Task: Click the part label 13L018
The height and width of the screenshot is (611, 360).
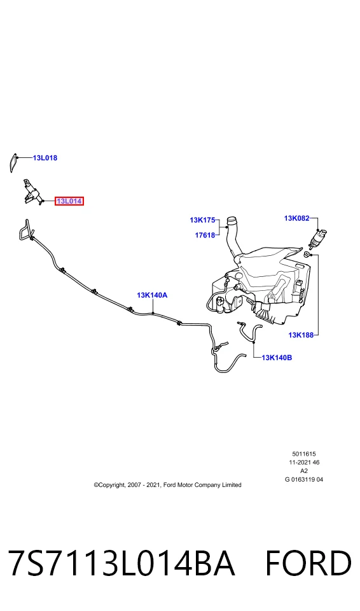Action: pos(45,158)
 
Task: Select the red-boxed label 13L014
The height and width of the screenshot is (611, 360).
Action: pos(69,201)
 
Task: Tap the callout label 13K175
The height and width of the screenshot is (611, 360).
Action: pos(202,220)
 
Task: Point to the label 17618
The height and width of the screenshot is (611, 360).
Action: pos(205,235)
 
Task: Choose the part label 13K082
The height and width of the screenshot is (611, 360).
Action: pos(296,218)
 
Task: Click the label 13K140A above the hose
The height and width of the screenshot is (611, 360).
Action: pos(152,295)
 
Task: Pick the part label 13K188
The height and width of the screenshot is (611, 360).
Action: pos(301,335)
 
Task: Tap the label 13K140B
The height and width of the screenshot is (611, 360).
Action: pos(277,357)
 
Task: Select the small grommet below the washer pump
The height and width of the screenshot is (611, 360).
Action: pos(307,255)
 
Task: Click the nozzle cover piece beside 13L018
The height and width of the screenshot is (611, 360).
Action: pos(12,162)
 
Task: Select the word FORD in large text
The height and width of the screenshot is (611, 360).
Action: pos(308,563)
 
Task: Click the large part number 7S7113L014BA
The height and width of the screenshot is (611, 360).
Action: pos(122,563)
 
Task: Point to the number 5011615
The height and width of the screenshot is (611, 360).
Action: pos(304,454)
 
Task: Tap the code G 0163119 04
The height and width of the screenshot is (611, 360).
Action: pos(304,479)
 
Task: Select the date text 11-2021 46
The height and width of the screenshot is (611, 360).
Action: pos(304,463)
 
